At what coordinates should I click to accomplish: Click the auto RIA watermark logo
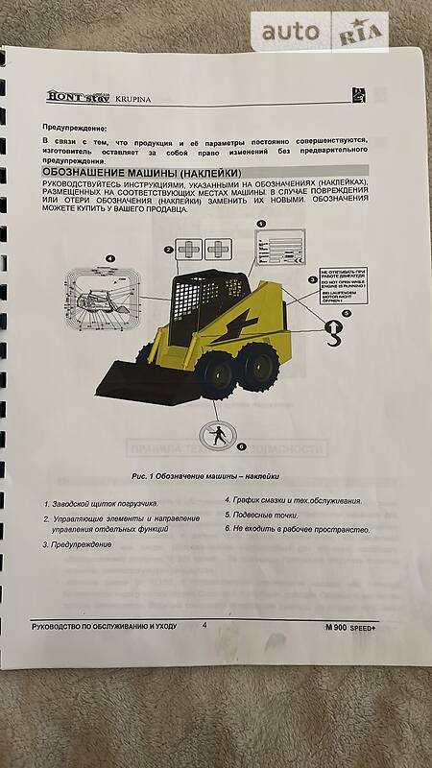point(321,33)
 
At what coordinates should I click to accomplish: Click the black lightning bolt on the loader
point(240,315)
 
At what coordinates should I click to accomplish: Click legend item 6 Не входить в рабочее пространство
point(298,529)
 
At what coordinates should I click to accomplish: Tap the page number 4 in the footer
point(204,625)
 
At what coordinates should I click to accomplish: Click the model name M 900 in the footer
point(343,627)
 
